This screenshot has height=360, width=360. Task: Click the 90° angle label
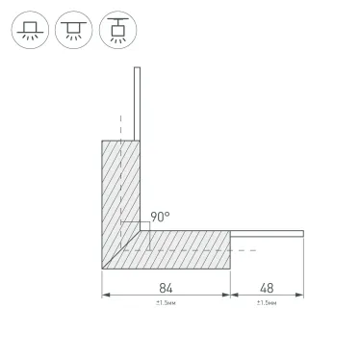tap(160, 219)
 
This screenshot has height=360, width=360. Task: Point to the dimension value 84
tap(165, 287)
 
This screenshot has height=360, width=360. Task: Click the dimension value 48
tap(267, 287)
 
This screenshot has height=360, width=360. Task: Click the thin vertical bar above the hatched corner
tap(139, 106)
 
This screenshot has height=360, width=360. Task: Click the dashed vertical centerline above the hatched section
tap(119, 125)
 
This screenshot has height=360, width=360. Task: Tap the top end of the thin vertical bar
tap(139, 69)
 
